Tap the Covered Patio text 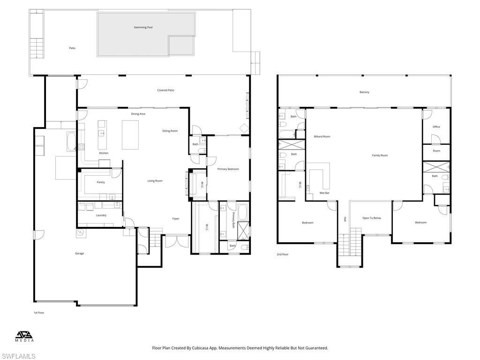pyautogui.click(x=165, y=90)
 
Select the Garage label pyautogui.click(x=80, y=254)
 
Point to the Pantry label pyautogui.click(x=101, y=182)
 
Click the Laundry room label pyautogui.click(x=101, y=215)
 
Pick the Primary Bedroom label pyautogui.click(x=228, y=169)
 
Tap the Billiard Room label pyautogui.click(x=322, y=136)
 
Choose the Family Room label pyautogui.click(x=380, y=155)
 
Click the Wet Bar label pyautogui.click(x=324, y=193)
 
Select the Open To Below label pyautogui.click(x=372, y=218)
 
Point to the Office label pyautogui.click(x=436, y=127)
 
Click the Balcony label pyautogui.click(x=364, y=92)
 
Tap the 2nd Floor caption pyautogui.click(x=282, y=255)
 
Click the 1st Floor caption pyautogui.click(x=38, y=312)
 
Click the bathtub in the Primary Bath pyautogui.click(x=242, y=212)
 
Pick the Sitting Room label pyautogui.click(x=170, y=131)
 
